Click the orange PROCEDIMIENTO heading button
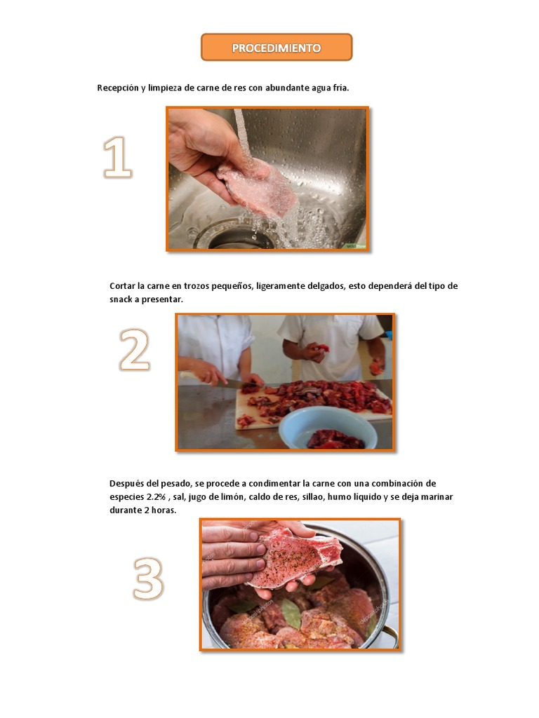point(277,47)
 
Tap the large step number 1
point(117,157)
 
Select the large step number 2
point(134,349)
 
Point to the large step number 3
point(148,578)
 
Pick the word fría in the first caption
point(340,88)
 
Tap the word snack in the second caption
point(121,299)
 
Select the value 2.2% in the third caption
point(156,497)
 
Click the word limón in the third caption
point(232,497)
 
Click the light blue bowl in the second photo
point(328,428)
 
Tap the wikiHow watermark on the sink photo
point(356,246)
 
